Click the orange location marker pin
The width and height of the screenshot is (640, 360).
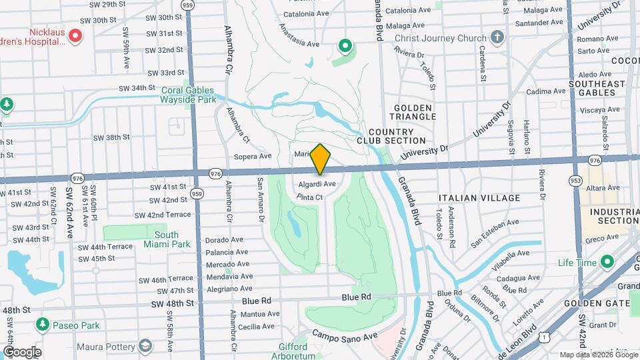(321, 159)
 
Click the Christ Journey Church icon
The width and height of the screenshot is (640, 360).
(497, 37)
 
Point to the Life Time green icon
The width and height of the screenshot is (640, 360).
(606, 263)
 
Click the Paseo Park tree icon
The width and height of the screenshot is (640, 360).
(43, 325)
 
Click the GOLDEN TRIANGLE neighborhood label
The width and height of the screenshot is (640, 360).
(413, 113)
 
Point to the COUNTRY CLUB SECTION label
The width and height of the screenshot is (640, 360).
(391, 136)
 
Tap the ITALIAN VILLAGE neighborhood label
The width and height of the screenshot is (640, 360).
(479, 198)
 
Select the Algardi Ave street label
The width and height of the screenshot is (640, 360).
(317, 183)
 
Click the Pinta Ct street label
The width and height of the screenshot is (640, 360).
(309, 197)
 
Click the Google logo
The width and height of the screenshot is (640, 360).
(22, 351)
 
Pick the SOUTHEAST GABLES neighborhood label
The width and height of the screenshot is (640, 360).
(597, 88)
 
